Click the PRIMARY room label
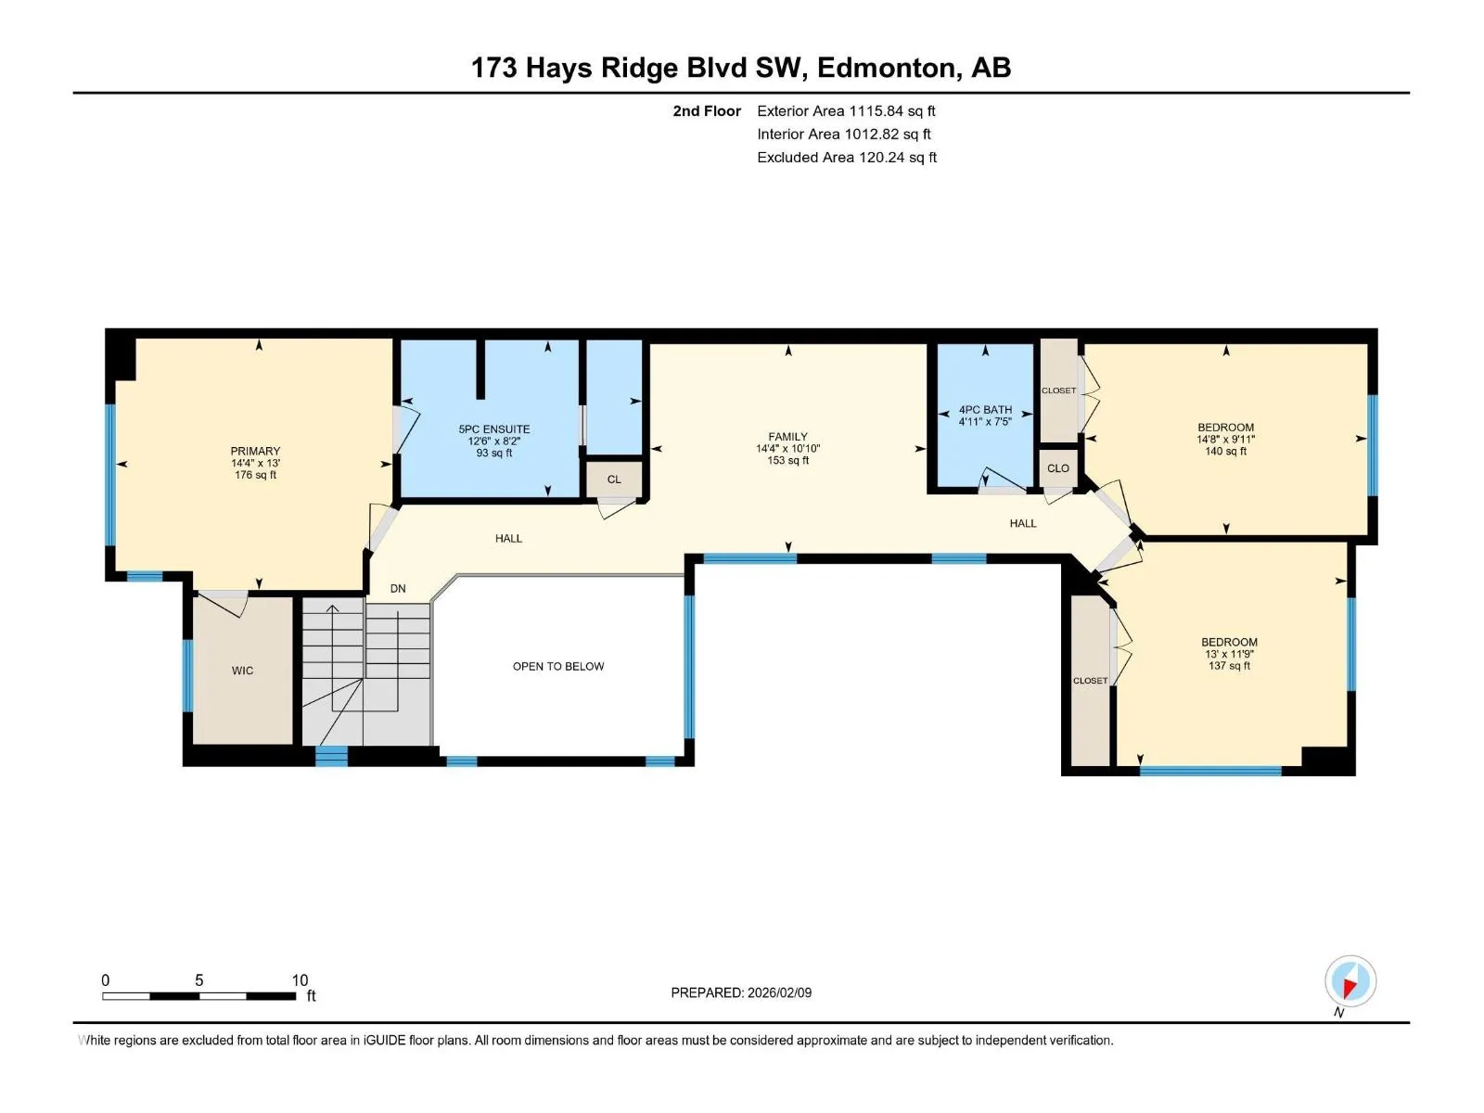(255, 451)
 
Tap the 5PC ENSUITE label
(494, 429)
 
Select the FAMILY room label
(787, 437)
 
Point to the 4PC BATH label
(985, 410)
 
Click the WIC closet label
(242, 671)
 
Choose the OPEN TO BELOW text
(558, 666)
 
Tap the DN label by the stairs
(398, 589)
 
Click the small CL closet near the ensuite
(614, 480)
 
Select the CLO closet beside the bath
(1058, 468)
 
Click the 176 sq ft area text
(255, 475)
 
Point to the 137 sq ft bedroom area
(1229, 666)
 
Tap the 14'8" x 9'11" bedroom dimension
(1226, 440)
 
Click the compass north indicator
(1350, 981)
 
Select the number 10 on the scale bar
(300, 979)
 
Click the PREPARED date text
(741, 992)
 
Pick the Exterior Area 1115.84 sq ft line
(846, 110)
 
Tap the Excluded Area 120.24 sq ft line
(847, 158)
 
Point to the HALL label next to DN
(508, 539)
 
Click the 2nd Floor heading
(707, 110)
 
